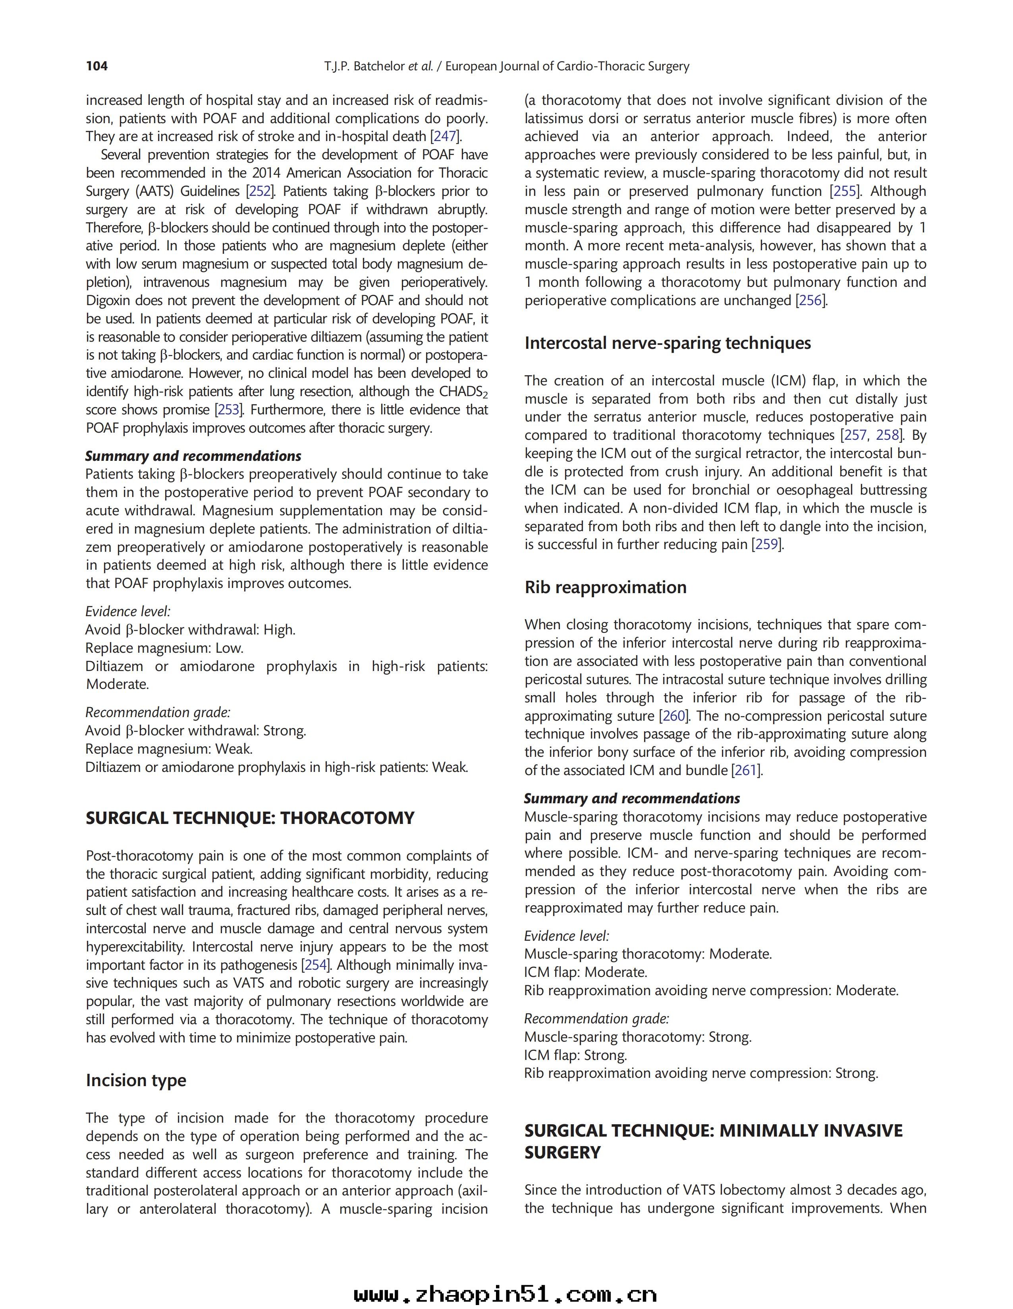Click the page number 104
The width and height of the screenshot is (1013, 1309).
[97, 66]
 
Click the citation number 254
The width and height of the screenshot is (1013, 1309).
[316, 965]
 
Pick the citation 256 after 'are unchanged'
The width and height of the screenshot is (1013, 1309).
[812, 300]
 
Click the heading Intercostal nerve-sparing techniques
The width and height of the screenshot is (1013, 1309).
[668, 343]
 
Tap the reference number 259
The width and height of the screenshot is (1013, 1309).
[767, 544]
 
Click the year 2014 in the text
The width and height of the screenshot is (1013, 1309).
[266, 173]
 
